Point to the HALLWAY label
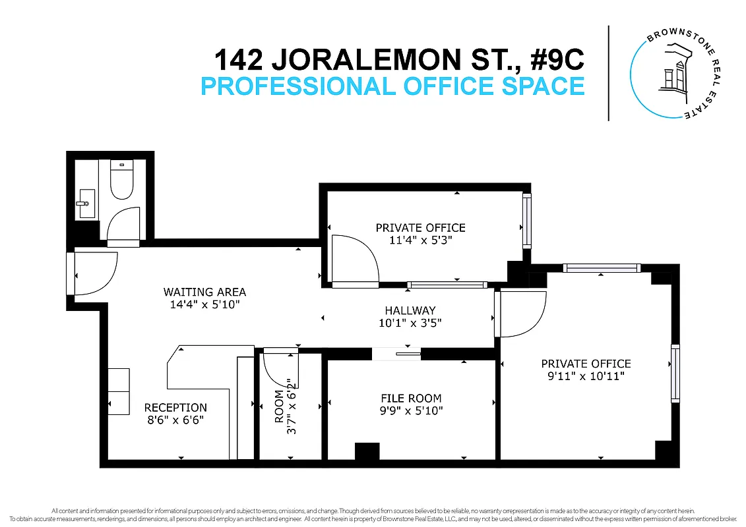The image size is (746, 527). coord(410,310)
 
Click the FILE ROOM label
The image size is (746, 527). coord(411,398)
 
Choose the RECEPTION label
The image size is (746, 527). coord(175,408)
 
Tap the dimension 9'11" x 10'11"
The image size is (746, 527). coord(586,376)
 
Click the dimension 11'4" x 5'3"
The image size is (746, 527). coord(420,240)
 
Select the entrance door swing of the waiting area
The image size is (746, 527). coord(94,274)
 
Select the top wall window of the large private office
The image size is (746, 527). coord(601,267)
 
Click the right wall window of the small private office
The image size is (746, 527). coord(526,221)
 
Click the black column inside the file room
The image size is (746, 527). coord(367,451)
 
